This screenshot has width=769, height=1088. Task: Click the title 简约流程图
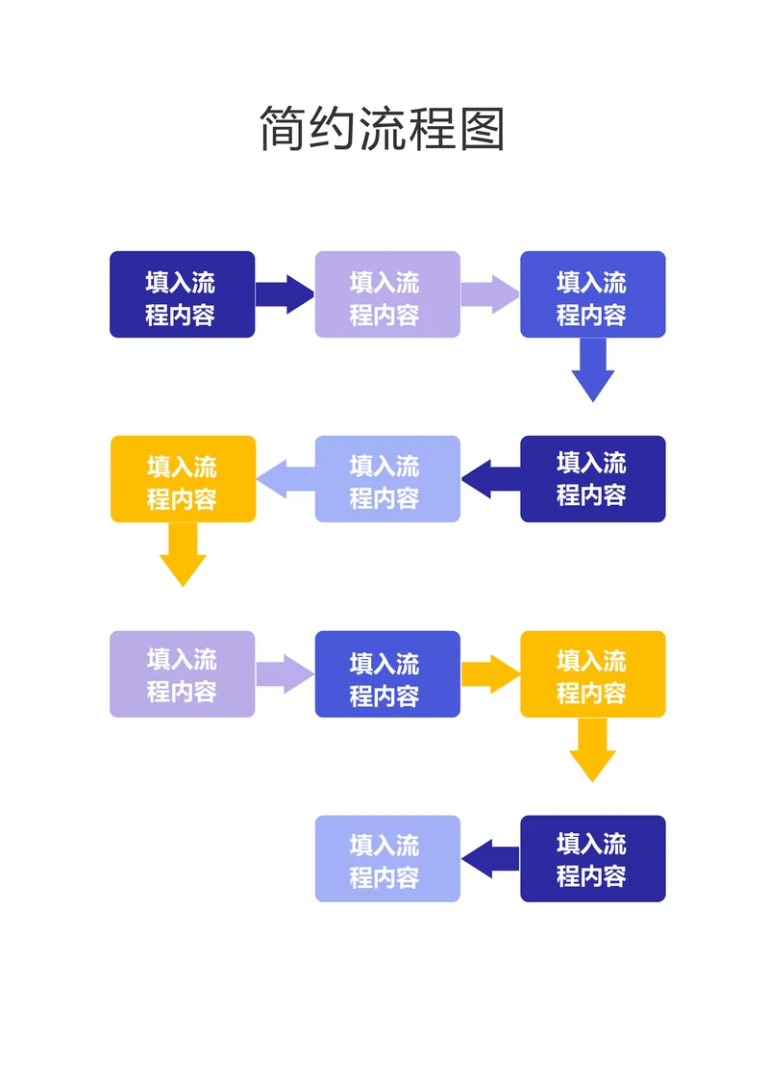coord(383,128)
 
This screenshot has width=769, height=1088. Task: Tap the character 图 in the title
coord(483,128)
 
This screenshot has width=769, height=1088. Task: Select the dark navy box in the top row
coord(182,294)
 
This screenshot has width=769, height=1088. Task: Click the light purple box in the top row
coord(387,294)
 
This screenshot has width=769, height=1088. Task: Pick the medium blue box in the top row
coord(592,294)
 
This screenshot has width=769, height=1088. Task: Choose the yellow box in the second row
coord(183,479)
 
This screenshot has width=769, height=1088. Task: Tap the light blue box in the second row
coord(387,479)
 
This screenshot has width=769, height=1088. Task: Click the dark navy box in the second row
coord(592,479)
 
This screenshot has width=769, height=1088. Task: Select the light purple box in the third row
coord(182,674)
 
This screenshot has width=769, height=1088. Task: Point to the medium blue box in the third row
coord(387,674)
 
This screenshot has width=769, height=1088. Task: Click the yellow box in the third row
coord(592,674)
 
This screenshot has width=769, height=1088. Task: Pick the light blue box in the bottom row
coord(387,859)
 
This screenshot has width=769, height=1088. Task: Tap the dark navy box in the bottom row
coord(592,859)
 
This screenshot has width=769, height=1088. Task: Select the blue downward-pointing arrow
coord(592,370)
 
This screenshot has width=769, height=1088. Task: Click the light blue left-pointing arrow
coord(285,479)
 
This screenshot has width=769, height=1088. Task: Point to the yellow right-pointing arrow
coord(490,674)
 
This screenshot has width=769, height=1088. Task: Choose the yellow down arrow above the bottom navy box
coord(592,751)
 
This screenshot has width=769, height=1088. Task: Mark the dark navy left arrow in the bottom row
coord(490,859)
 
